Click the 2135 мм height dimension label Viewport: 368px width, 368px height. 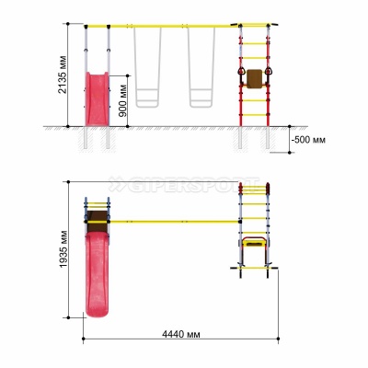point(63,75)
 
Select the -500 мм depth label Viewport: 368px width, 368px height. point(308,140)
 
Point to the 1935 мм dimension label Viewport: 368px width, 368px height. point(63,248)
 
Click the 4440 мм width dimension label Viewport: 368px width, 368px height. point(181,334)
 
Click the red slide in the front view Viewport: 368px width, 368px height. point(97,98)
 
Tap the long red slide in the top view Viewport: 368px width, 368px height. point(97,274)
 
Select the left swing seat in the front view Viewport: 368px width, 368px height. point(147,98)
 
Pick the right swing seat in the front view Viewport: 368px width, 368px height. point(201,98)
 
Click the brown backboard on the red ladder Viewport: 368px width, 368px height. point(255,79)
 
